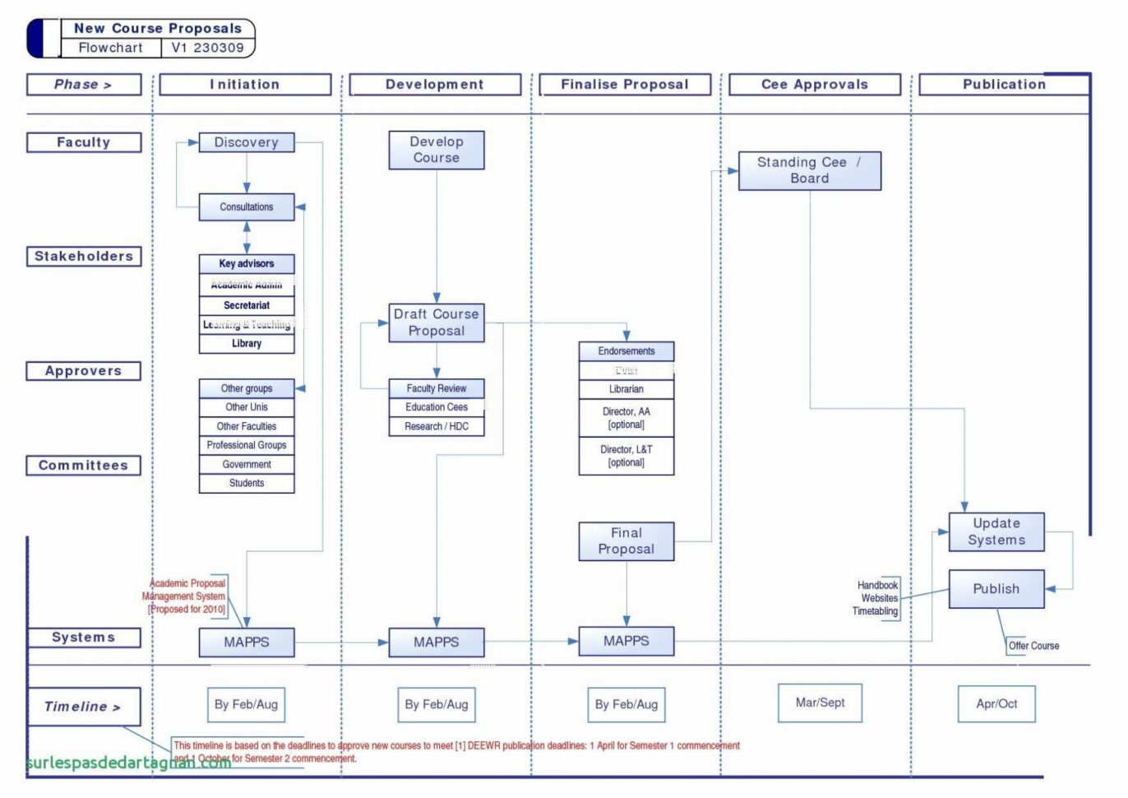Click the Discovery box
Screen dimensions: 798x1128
click(247, 142)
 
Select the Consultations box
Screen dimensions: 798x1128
click(247, 207)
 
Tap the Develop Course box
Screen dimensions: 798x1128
click(437, 150)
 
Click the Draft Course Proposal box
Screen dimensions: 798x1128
click(437, 322)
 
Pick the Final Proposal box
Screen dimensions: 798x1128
click(626, 541)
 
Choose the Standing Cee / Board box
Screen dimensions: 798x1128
click(810, 170)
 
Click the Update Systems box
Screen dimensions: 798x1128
click(996, 531)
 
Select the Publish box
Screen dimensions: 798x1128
click(996, 589)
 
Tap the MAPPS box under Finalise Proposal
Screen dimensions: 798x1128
click(626, 641)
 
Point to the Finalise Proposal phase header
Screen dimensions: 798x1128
click(625, 85)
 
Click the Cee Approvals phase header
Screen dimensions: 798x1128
click(815, 85)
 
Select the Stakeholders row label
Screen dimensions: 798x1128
click(84, 257)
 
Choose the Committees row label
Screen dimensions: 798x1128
click(84, 466)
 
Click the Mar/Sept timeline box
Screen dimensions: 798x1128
click(820, 703)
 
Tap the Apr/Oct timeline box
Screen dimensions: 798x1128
click(996, 704)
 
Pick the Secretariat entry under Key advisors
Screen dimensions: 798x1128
click(247, 305)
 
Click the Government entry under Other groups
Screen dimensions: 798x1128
click(247, 464)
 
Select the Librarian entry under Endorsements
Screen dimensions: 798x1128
click(626, 389)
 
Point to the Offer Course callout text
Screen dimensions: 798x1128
click(1033, 646)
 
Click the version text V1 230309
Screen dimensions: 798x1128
click(207, 48)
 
